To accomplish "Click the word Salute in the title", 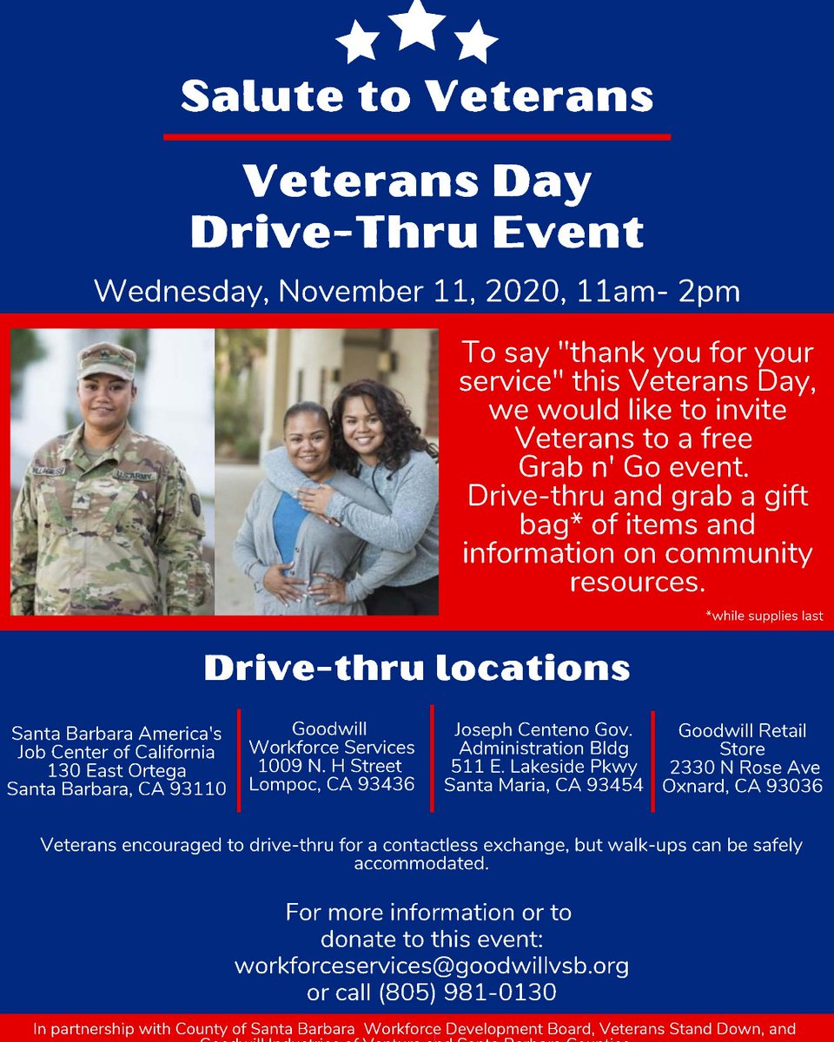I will click(252, 96).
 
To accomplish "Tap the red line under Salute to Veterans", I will click(417, 136).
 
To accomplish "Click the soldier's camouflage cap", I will click(107, 359).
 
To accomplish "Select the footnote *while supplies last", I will click(764, 617).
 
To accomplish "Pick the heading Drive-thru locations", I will click(417, 668).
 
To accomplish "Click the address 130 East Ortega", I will click(116, 770).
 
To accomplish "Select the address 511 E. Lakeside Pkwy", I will click(544, 767).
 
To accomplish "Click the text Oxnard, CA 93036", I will click(742, 786).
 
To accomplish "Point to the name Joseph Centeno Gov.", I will click(544, 729).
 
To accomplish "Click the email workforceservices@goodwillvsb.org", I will click(431, 965).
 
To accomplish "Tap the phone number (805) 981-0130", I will click(468, 992).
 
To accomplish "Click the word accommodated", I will click(421, 864).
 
